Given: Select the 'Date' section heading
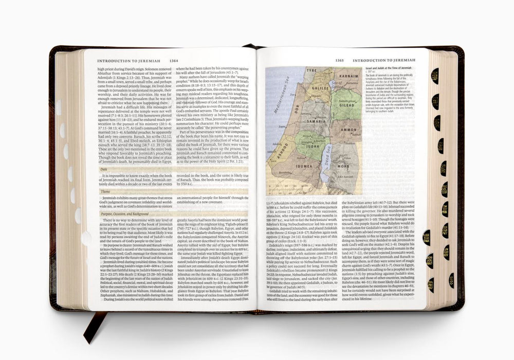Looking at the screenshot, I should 104,168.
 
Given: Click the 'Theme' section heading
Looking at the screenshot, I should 105,191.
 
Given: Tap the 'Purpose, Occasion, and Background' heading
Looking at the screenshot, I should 125,213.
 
